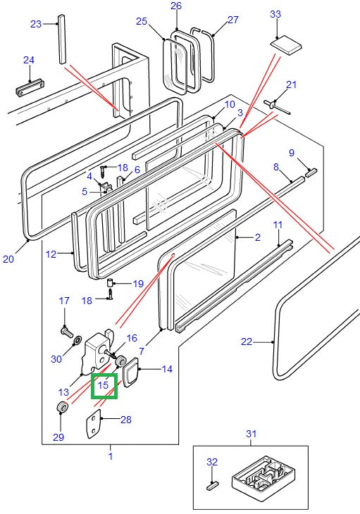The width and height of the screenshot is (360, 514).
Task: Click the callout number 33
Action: point(275,14)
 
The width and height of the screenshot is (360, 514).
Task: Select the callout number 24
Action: point(28,60)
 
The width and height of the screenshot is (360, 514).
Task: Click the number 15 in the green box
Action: point(104,385)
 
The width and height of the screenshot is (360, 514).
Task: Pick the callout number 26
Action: point(176,6)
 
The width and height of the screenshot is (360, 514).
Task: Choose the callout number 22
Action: point(246,342)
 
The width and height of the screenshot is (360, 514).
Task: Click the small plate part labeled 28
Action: point(94,427)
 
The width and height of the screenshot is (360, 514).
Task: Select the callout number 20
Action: point(8,259)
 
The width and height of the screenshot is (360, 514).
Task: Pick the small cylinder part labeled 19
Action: point(111,284)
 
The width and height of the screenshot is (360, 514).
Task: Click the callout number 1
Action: point(110,456)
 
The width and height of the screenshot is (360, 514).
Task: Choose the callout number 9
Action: point(291,152)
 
